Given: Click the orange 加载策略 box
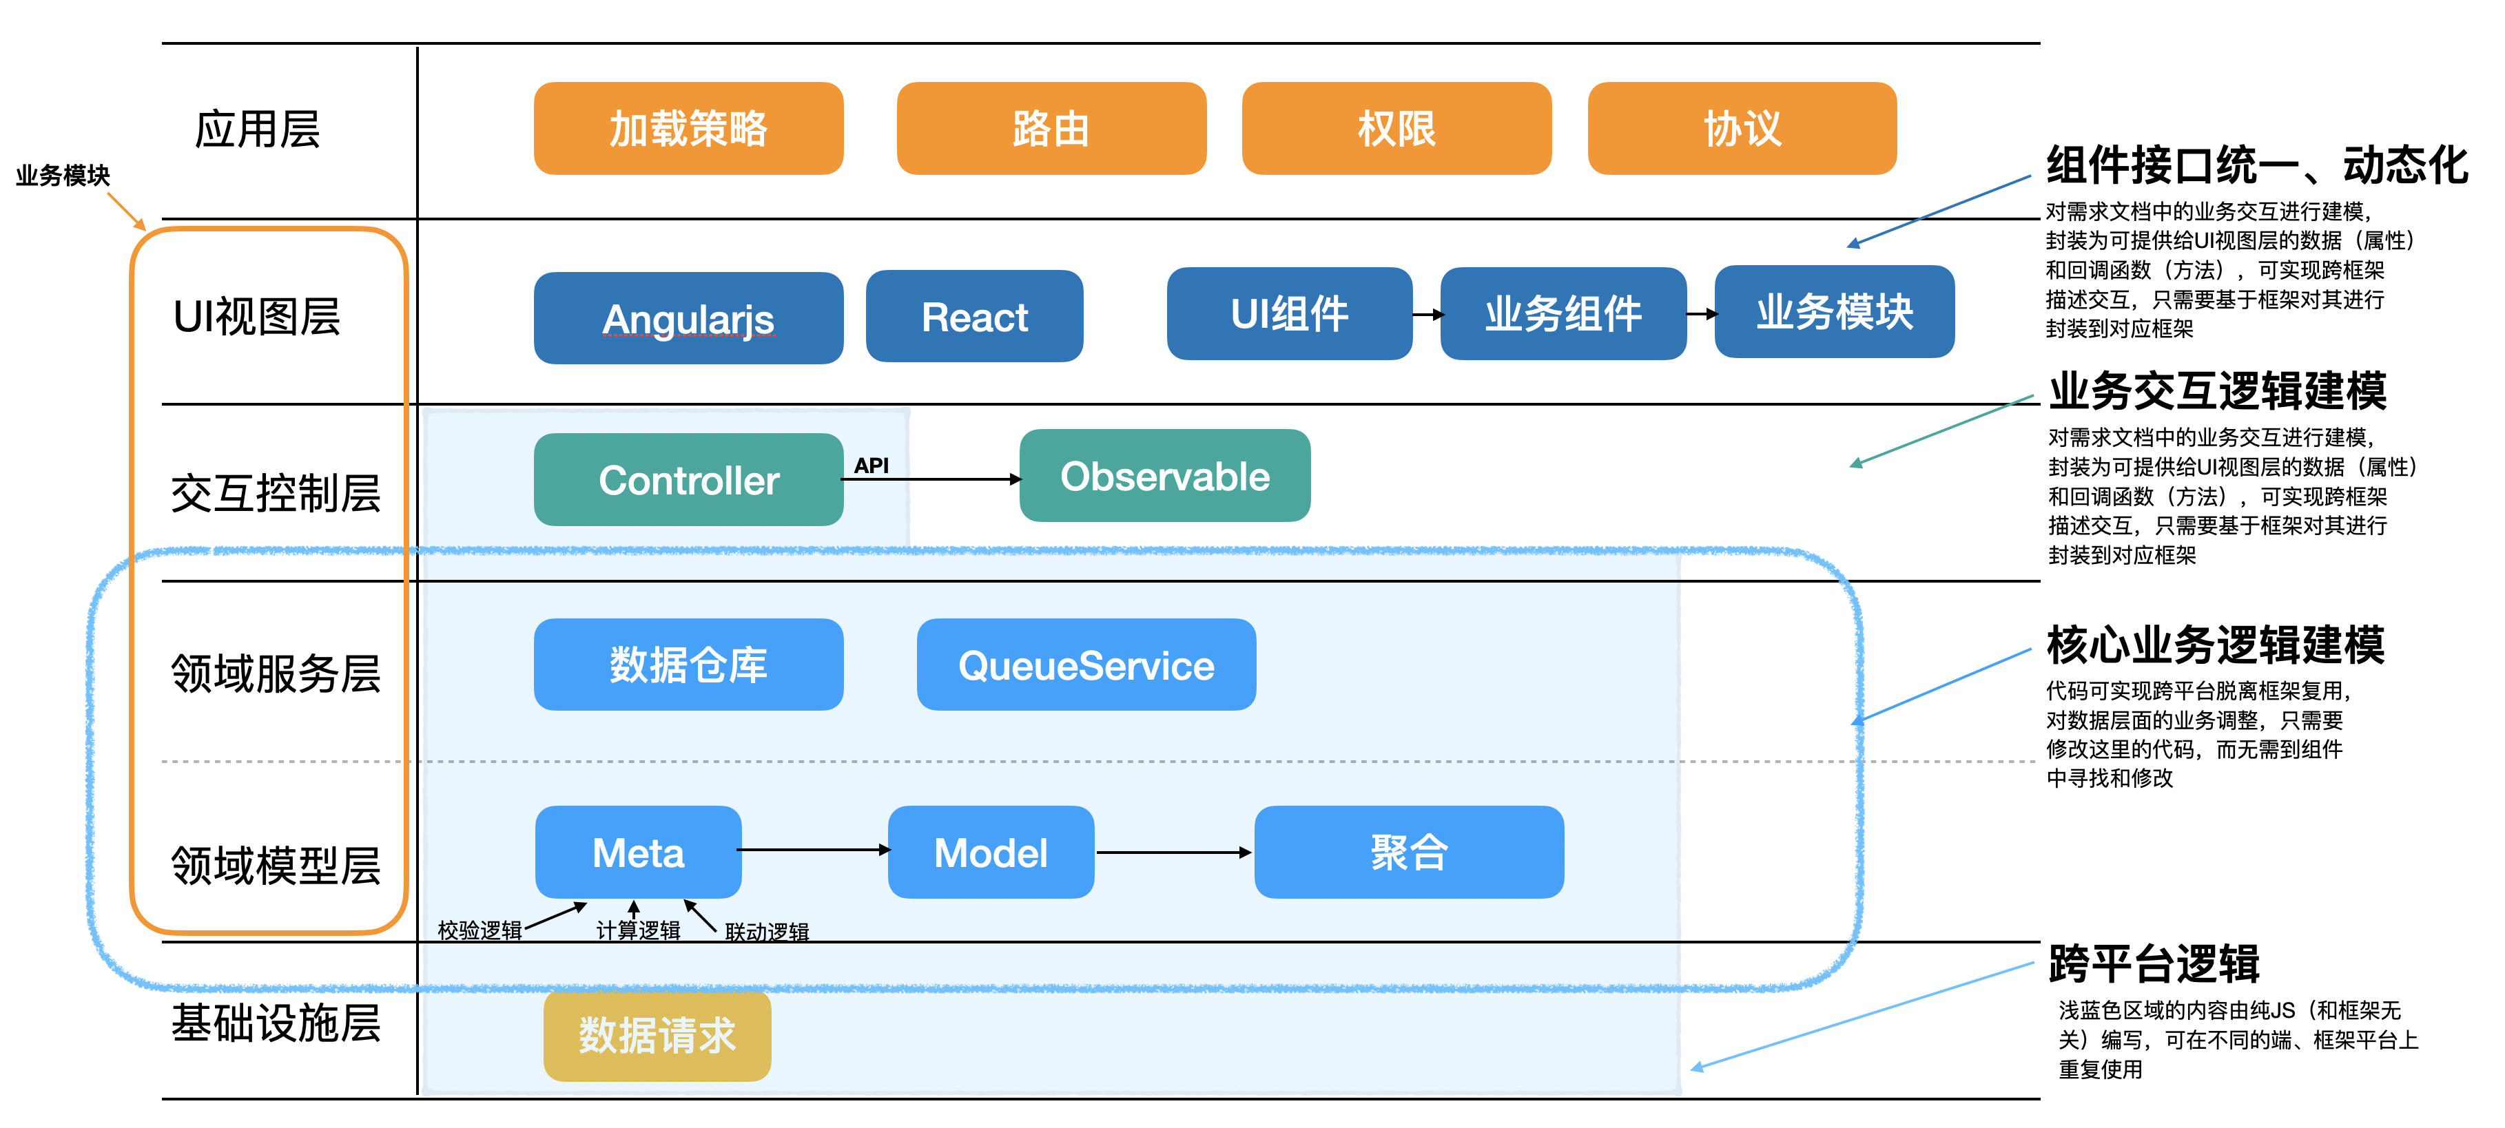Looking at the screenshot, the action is point(688,128).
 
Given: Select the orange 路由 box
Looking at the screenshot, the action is point(1051,128).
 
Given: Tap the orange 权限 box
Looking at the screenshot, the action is point(1396,128).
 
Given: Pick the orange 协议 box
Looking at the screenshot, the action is point(1742,128).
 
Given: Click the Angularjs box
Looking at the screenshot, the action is point(688,318).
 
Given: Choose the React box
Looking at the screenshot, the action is point(974,316).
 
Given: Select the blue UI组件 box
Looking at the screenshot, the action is point(1290,313).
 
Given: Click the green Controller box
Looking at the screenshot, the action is point(688,479).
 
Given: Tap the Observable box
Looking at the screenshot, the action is point(1165,476).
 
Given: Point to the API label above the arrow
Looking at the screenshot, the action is point(872,466).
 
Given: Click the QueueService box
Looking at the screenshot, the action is point(1086,665).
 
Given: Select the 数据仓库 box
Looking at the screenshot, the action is point(688,665).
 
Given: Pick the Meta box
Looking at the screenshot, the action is point(638,852).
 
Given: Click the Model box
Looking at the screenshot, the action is point(991,852).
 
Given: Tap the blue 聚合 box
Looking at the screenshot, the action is point(1409,852).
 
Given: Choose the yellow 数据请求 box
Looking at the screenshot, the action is point(657,1034).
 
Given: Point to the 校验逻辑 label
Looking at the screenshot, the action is point(480,930).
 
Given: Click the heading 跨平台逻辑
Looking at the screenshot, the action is point(2154,963).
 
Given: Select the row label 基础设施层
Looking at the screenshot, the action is point(276,1023).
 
